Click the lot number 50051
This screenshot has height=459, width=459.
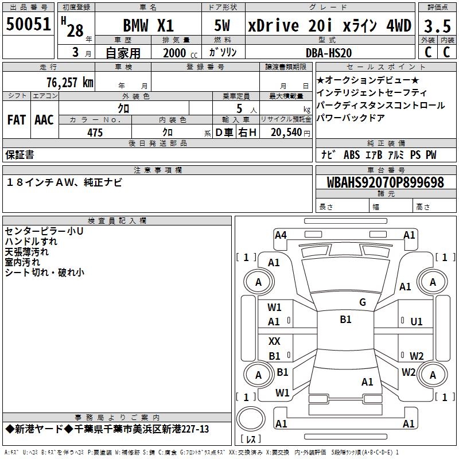pyautogui.click(x=29, y=25)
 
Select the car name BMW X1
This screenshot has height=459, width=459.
pyautogui.click(x=148, y=26)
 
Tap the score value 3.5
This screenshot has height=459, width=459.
pyautogui.click(x=437, y=26)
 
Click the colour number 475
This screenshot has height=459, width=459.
pyautogui.click(x=95, y=133)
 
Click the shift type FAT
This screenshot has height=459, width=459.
pyautogui.click(x=16, y=119)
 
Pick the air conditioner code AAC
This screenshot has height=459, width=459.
pyautogui.click(x=44, y=119)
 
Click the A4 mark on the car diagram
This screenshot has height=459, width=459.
pyautogui.click(x=281, y=235)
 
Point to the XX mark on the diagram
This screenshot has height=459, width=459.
pyautogui.click(x=274, y=341)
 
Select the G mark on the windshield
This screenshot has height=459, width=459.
pyautogui.click(x=362, y=302)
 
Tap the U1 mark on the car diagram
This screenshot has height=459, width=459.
pyautogui.click(x=417, y=322)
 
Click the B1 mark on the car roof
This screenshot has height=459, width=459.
pyautogui.click(x=345, y=320)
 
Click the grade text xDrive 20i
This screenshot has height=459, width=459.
pyautogui.click(x=289, y=26)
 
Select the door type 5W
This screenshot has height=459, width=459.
pyautogui.click(x=222, y=26)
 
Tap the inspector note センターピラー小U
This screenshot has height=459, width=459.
pyautogui.click(x=44, y=231)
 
